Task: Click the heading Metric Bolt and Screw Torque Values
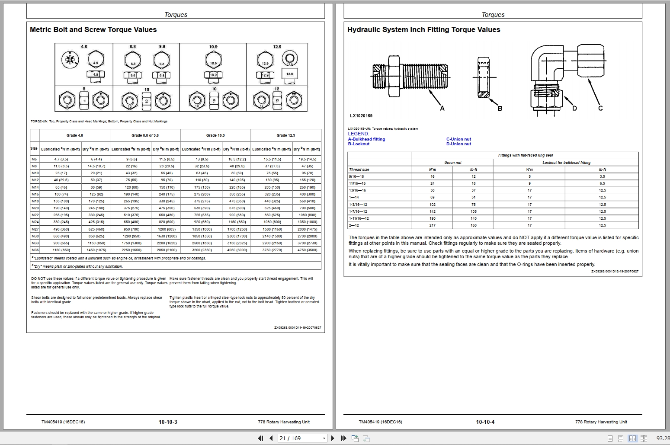(93, 30)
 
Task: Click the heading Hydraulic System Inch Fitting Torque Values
(423, 30)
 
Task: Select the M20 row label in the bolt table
(35, 208)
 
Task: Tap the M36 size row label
(35, 250)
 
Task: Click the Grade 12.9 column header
(285, 135)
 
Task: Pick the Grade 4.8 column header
(74, 135)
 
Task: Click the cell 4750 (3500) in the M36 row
(307, 250)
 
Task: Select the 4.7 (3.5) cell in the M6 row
(61, 159)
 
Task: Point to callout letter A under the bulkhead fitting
(442, 108)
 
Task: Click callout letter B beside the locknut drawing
(500, 108)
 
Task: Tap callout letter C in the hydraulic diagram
(600, 108)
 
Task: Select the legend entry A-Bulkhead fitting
(366, 139)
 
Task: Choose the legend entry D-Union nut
(458, 144)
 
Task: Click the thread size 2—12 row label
(354, 225)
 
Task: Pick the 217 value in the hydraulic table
(432, 225)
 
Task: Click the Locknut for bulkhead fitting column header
(566, 163)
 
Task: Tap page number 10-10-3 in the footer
(168, 422)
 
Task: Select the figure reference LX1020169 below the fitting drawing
(361, 116)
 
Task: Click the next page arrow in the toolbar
(333, 438)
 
